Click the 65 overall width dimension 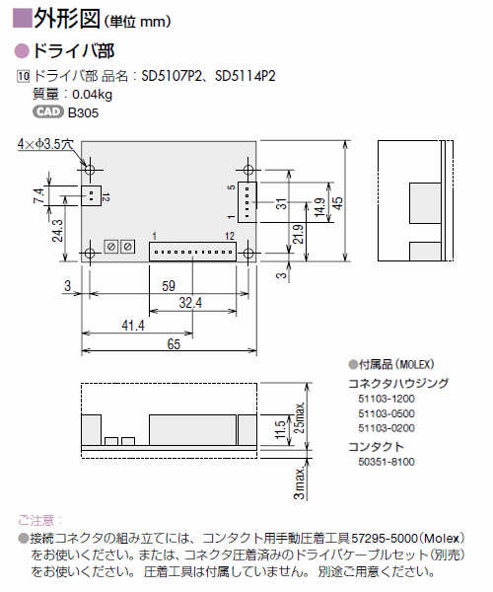(x=174, y=344)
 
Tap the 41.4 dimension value (x=133, y=325)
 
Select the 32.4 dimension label (x=190, y=303)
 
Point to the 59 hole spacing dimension (x=169, y=286)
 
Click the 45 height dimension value (x=338, y=202)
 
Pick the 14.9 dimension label (x=319, y=207)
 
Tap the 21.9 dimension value (x=298, y=234)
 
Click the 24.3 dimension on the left (x=57, y=231)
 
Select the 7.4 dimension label (x=38, y=195)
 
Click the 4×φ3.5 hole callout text (x=45, y=144)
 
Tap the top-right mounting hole (x=248, y=170)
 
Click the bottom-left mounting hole (x=90, y=253)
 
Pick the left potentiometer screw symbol (x=111, y=247)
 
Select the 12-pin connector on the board (x=192, y=252)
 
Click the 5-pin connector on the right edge (x=247, y=202)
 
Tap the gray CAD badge (x=48, y=111)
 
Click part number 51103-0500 (x=387, y=413)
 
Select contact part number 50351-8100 (x=387, y=462)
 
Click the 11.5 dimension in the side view (x=280, y=429)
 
